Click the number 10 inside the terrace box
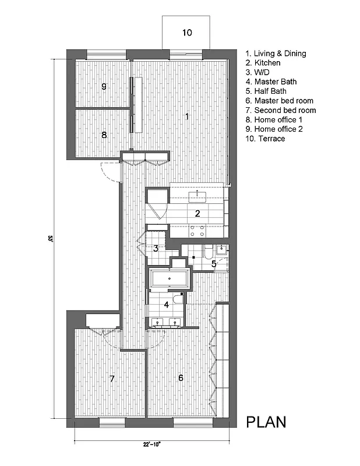click(x=186, y=33)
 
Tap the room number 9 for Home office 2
click(x=104, y=86)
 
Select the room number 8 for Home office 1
click(x=104, y=135)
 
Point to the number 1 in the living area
click(x=186, y=116)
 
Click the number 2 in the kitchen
click(x=197, y=213)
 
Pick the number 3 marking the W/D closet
click(x=156, y=248)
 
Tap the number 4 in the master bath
click(x=166, y=304)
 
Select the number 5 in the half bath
click(x=214, y=264)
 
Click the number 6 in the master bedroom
click(x=181, y=378)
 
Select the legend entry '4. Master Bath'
click(x=272, y=82)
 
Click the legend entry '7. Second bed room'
click(x=281, y=110)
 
